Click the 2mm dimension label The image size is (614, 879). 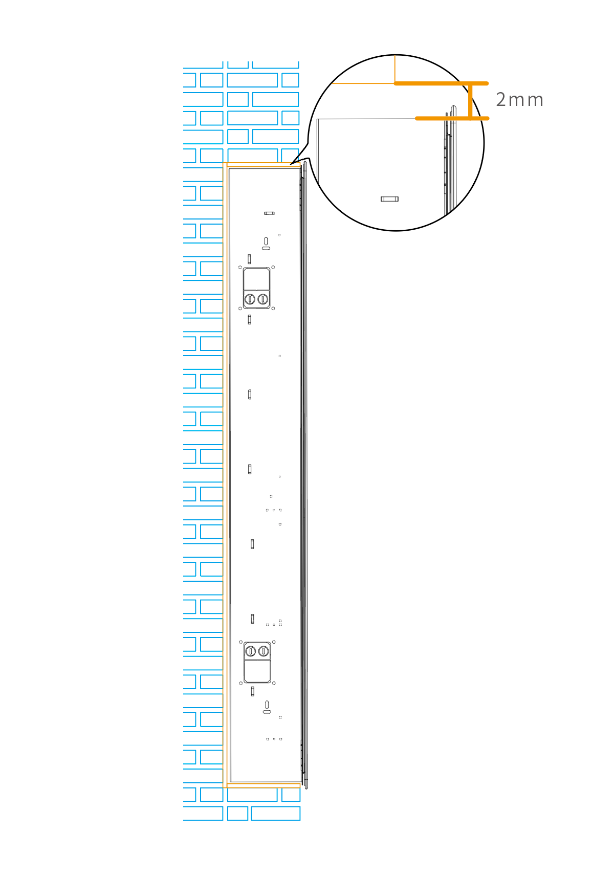(519, 100)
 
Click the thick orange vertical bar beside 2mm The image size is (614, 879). (470, 101)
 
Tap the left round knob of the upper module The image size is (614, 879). (250, 299)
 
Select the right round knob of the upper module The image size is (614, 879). (263, 299)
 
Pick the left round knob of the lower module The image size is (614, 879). (251, 651)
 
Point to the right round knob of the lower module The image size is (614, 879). (264, 651)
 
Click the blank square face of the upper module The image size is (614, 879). (256, 279)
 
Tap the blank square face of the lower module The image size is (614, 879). (257, 671)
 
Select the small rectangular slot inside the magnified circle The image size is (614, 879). (389, 199)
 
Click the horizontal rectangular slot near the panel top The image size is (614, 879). (269, 213)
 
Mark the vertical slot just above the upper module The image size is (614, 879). (249, 259)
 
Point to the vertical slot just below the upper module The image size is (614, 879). (249, 319)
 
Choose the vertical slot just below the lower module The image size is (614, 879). (252, 691)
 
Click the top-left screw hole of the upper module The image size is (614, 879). (240, 267)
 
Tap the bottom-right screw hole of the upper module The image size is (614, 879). (273, 309)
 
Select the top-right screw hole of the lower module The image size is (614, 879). (274, 642)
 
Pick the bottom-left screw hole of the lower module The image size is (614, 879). (241, 683)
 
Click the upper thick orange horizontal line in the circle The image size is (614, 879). (440, 83)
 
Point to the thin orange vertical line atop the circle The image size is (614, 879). (395, 69)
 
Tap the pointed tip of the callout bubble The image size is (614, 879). (290, 165)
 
